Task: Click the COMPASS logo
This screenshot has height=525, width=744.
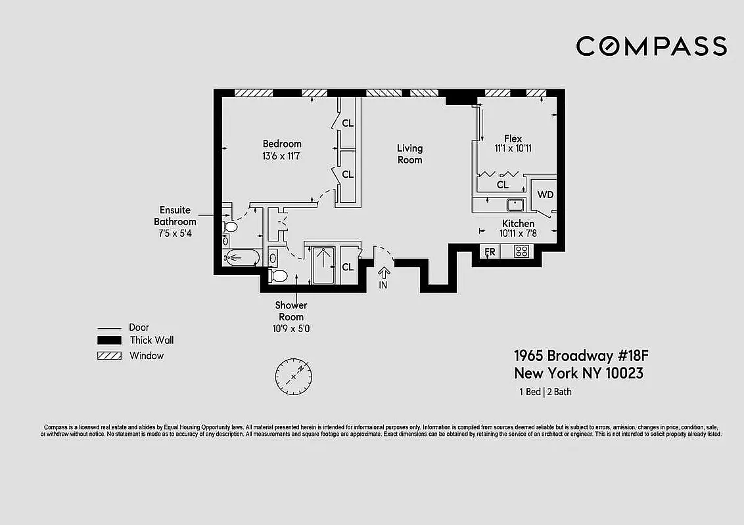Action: (x=651, y=46)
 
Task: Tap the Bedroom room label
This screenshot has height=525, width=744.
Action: (x=282, y=144)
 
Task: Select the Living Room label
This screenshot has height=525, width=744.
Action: (x=409, y=154)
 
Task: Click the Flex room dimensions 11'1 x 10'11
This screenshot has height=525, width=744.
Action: (x=513, y=148)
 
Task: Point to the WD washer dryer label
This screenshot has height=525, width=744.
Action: (x=545, y=194)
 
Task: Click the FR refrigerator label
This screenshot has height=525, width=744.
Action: (x=490, y=251)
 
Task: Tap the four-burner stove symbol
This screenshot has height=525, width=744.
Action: (x=521, y=251)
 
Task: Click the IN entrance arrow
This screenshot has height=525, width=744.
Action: (x=383, y=275)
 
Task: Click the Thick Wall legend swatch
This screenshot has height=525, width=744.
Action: (x=109, y=340)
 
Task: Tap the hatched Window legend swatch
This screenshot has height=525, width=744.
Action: (x=109, y=356)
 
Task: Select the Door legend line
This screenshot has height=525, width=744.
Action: (x=109, y=327)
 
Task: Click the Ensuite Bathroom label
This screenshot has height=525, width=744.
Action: (x=175, y=216)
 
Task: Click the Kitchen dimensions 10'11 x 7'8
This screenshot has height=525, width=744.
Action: (x=518, y=233)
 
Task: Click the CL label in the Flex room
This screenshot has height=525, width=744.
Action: (x=502, y=185)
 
